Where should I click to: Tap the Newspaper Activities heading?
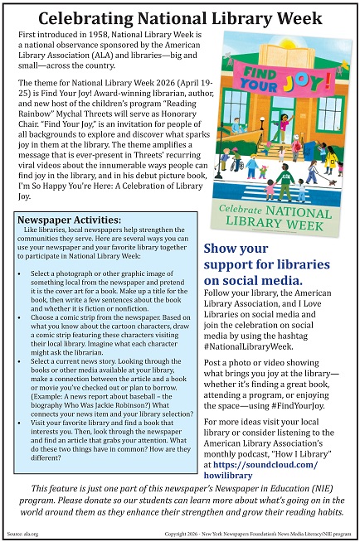pyautogui.click(x=67, y=220)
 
